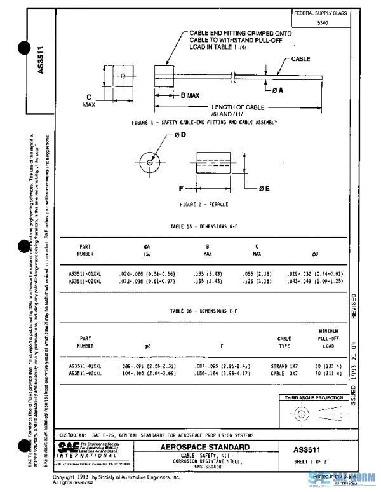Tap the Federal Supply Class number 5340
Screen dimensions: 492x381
point(323,22)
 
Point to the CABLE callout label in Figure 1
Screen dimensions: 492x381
point(300,58)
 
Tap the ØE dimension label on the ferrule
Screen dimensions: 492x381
point(265,189)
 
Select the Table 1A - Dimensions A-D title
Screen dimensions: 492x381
point(203,226)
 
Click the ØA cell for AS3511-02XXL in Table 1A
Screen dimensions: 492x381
point(142,280)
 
